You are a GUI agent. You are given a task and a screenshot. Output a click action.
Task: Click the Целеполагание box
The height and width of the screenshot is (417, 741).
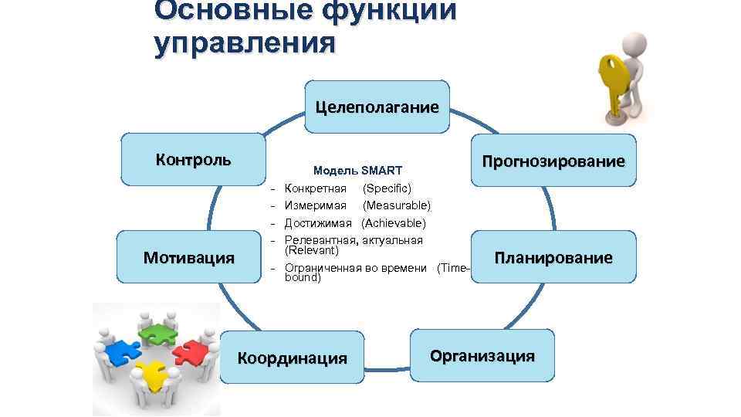point(377,107)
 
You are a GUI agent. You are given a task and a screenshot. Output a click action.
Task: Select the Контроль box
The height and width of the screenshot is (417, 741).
point(192,160)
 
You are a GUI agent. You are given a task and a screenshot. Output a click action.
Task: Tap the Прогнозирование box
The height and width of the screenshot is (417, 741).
point(553,161)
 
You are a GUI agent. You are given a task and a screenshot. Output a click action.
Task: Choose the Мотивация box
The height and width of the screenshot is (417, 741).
point(189,257)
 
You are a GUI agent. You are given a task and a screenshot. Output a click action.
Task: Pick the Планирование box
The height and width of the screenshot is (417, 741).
point(553,257)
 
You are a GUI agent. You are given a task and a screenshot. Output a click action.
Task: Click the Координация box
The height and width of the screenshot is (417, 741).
point(292,358)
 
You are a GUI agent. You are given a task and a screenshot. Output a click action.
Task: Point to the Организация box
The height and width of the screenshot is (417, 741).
point(482,355)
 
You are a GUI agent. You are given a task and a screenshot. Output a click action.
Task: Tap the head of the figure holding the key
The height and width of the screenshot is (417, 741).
point(638,43)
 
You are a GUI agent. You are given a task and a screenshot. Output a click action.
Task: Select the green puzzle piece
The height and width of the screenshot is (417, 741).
point(157,331)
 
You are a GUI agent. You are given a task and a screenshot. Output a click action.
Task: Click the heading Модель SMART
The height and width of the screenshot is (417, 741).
point(357,170)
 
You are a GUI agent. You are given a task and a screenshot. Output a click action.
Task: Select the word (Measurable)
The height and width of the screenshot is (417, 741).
point(397,205)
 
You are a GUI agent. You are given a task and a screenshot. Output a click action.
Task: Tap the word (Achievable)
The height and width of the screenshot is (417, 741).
point(393,223)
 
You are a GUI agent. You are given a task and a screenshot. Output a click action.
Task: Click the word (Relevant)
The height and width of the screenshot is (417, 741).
point(312,250)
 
